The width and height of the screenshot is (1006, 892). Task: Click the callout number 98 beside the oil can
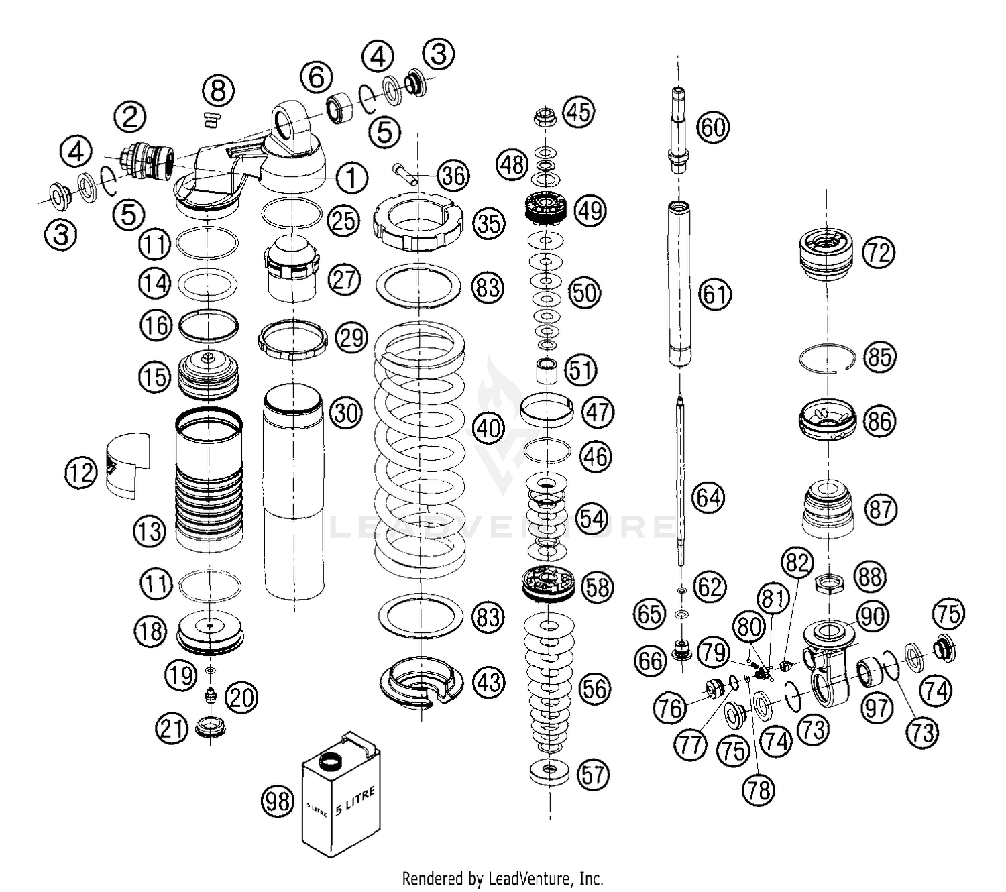pos(277,801)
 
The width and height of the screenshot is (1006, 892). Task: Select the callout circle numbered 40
pos(489,427)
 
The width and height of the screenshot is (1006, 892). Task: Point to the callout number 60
pos(714,126)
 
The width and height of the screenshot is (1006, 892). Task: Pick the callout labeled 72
pos(879,252)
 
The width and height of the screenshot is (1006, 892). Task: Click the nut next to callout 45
pos(545,118)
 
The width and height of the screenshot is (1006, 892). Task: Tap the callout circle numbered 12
pos(81,473)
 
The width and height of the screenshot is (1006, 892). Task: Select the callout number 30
pos(346,412)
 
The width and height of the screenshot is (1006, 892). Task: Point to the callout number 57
pos(592,775)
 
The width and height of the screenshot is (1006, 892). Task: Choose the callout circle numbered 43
pos(489,682)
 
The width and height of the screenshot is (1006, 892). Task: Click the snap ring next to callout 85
pos(828,360)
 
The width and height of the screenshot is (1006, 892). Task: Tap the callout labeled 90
pos(872,616)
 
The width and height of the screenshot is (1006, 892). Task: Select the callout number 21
pos(172,728)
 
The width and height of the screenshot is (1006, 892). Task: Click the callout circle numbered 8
pos(218,91)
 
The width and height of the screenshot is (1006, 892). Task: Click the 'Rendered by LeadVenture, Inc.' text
pos(502,878)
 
